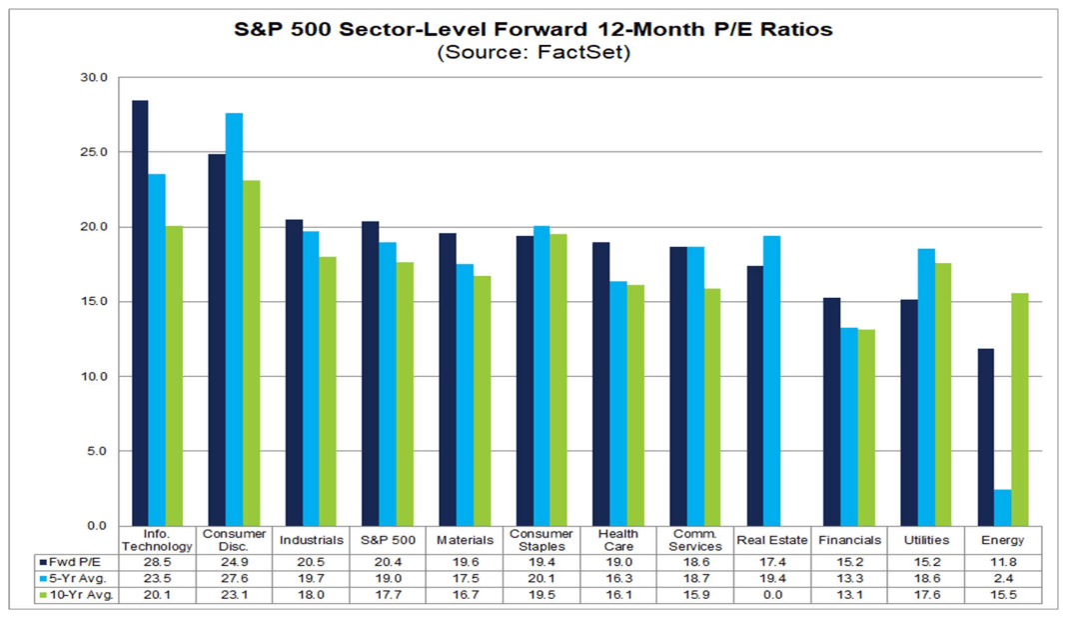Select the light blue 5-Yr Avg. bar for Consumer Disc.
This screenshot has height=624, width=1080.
[234, 320]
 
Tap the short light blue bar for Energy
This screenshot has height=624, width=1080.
[1003, 508]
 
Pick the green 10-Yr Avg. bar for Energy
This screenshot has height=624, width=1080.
[1019, 410]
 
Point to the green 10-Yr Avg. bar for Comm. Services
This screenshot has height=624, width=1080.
[710, 407]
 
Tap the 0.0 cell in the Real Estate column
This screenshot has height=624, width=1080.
[772, 596]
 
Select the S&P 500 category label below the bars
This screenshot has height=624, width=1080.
[388, 540]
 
